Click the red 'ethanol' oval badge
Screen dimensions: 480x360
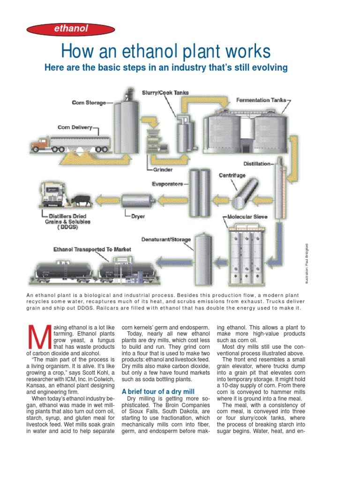(71, 30)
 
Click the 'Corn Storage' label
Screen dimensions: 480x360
(89, 102)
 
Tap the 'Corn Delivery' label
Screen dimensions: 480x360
(75, 127)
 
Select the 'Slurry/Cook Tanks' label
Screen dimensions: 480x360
(163, 92)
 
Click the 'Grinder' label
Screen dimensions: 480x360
(163, 170)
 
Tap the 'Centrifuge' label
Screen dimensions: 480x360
(232, 175)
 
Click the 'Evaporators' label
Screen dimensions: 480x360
(167, 184)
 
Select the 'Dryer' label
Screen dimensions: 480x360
(138, 217)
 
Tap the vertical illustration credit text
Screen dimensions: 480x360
(307, 262)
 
